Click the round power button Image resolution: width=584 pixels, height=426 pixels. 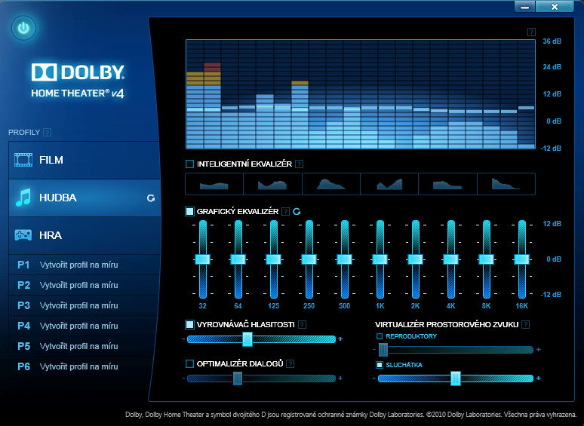[x=24, y=29]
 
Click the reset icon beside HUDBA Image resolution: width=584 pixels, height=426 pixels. [x=151, y=198]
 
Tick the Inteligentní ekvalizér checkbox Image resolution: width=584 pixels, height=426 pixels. [x=189, y=164]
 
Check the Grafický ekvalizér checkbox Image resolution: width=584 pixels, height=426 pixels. [x=189, y=212]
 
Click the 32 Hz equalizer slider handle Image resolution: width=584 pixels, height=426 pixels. [x=202, y=259]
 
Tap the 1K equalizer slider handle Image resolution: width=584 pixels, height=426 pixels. [x=380, y=259]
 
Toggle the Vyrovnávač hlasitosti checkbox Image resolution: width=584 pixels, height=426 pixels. [x=189, y=324]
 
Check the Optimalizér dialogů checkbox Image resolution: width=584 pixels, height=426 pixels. [x=189, y=363]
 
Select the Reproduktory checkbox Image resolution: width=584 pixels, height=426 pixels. [x=380, y=336]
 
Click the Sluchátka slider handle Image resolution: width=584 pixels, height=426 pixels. [x=456, y=378]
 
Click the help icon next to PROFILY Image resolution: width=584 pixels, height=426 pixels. [x=48, y=132]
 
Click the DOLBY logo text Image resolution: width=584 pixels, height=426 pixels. [x=78, y=73]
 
